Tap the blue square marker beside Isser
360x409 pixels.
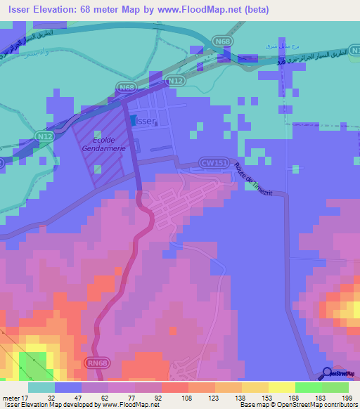pos(133,120)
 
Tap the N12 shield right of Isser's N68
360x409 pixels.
pos(175,82)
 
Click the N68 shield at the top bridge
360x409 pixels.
pos(224,42)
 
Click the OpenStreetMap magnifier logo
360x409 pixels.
pos(328,372)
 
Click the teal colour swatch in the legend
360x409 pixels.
pos(41,387)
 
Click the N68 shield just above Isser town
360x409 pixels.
pos(126,87)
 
